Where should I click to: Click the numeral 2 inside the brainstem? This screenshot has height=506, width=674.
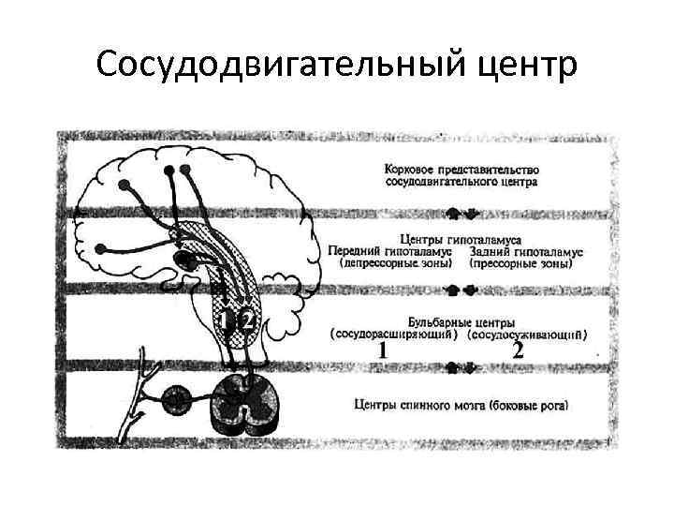pos(246,320)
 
